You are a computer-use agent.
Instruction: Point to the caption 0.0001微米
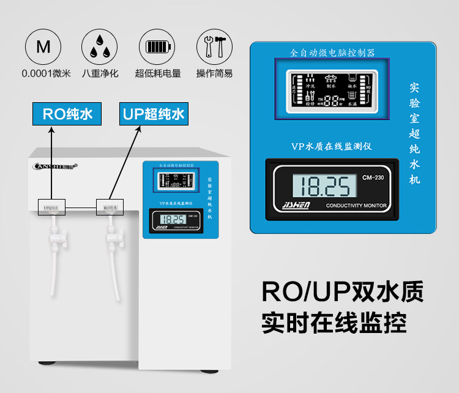tap(47, 74)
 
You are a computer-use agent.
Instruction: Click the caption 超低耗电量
tap(158, 74)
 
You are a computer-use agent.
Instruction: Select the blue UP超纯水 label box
tap(153, 114)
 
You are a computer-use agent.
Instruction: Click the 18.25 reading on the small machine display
tap(174, 219)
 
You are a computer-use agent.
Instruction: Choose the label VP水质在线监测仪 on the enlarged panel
tap(332, 146)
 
